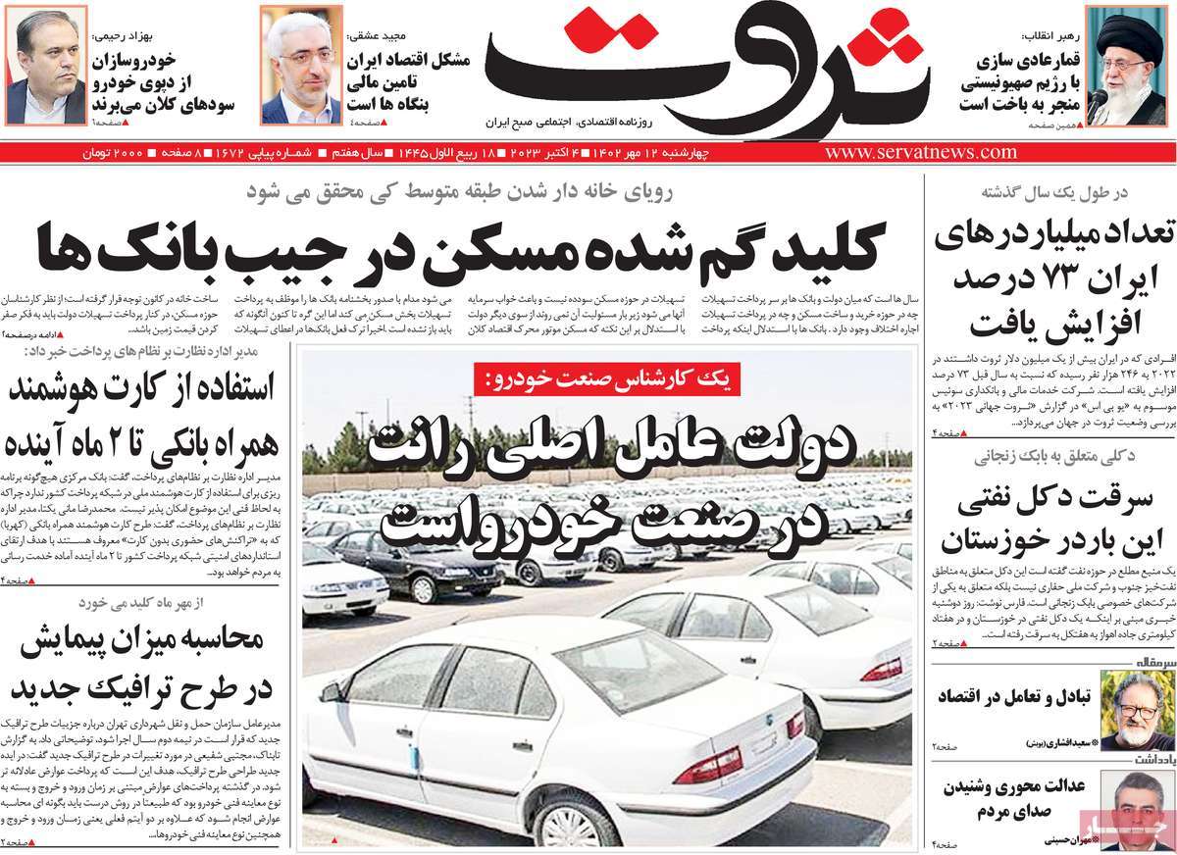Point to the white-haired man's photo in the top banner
tap(300, 65)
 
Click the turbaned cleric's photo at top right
tap(1132, 65)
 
